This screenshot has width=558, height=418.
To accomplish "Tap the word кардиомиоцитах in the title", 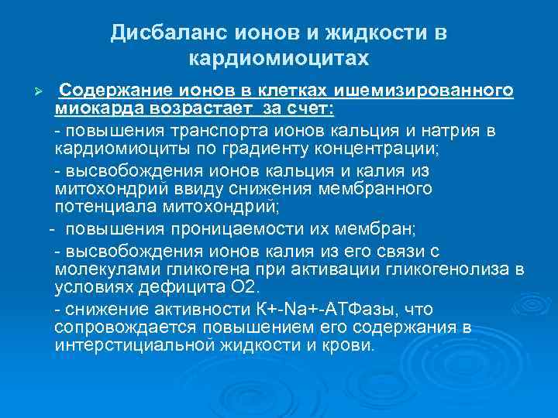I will pyautogui.click(x=279, y=58).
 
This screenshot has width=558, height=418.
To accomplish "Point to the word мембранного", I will pyautogui.click(x=381, y=189).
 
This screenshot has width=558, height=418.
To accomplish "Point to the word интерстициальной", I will pyautogui.click(x=129, y=344).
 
